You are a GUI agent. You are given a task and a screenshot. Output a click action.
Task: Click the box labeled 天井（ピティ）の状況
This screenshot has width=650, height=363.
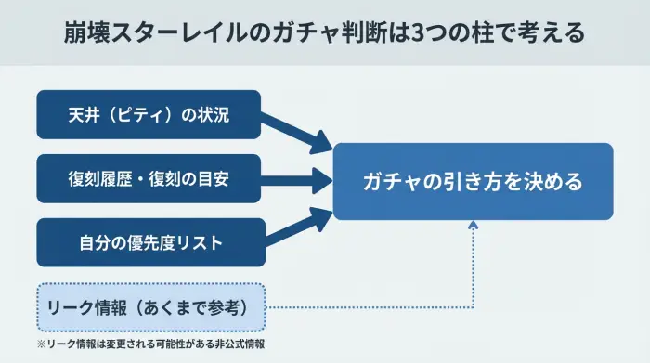point(149,115)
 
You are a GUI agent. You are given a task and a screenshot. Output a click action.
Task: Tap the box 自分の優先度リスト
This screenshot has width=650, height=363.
point(149,243)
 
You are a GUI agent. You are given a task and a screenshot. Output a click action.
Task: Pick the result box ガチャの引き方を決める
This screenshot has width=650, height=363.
point(473,181)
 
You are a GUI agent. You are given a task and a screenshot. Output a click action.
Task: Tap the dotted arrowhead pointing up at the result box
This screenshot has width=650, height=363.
point(473,227)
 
